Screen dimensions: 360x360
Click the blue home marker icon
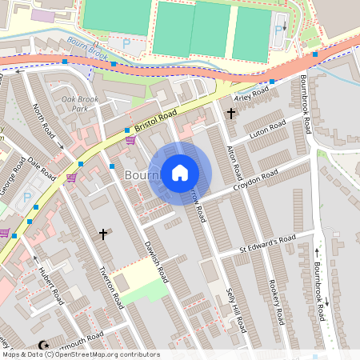180,172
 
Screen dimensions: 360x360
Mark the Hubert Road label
50,285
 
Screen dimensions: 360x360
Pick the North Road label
46,125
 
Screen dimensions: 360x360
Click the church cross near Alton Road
231,114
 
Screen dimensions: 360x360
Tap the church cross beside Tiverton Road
103,234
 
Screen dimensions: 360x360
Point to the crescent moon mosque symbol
44,346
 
